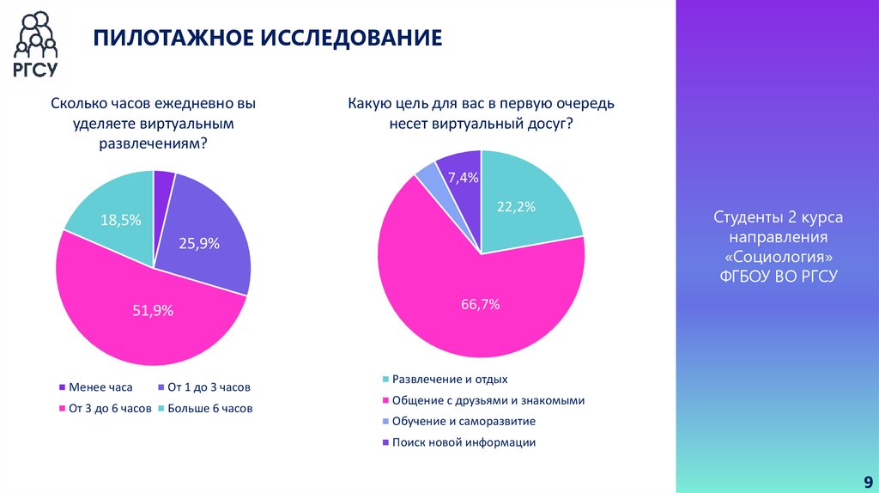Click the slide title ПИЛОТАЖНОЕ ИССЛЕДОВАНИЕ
[267, 38]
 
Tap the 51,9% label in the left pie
[153, 311]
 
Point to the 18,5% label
[120, 220]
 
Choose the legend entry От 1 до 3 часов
[209, 387]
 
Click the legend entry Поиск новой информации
[464, 442]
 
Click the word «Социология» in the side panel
[779, 257]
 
